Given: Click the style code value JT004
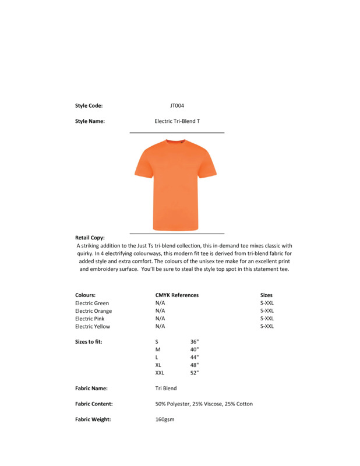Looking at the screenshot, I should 177,105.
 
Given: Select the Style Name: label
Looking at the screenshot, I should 90,121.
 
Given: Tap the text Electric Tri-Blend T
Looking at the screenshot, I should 177,121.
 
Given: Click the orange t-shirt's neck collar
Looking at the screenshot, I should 175,142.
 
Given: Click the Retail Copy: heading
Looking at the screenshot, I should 90,238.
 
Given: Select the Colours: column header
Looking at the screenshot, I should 85,295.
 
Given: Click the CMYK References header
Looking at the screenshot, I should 177,295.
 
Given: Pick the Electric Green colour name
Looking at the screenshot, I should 92,303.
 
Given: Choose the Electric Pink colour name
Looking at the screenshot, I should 90,319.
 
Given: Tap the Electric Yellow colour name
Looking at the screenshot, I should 93,326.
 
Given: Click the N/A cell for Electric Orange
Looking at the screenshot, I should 160,311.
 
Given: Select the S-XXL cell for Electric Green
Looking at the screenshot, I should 267,303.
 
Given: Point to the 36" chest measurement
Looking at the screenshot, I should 195,342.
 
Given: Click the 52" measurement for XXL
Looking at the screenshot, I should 195,373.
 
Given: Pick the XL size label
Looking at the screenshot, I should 158,365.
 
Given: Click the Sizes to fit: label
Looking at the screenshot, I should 89,342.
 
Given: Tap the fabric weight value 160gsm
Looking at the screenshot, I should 165,419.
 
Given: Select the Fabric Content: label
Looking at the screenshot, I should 94,404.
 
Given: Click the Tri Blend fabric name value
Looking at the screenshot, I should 166,388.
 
